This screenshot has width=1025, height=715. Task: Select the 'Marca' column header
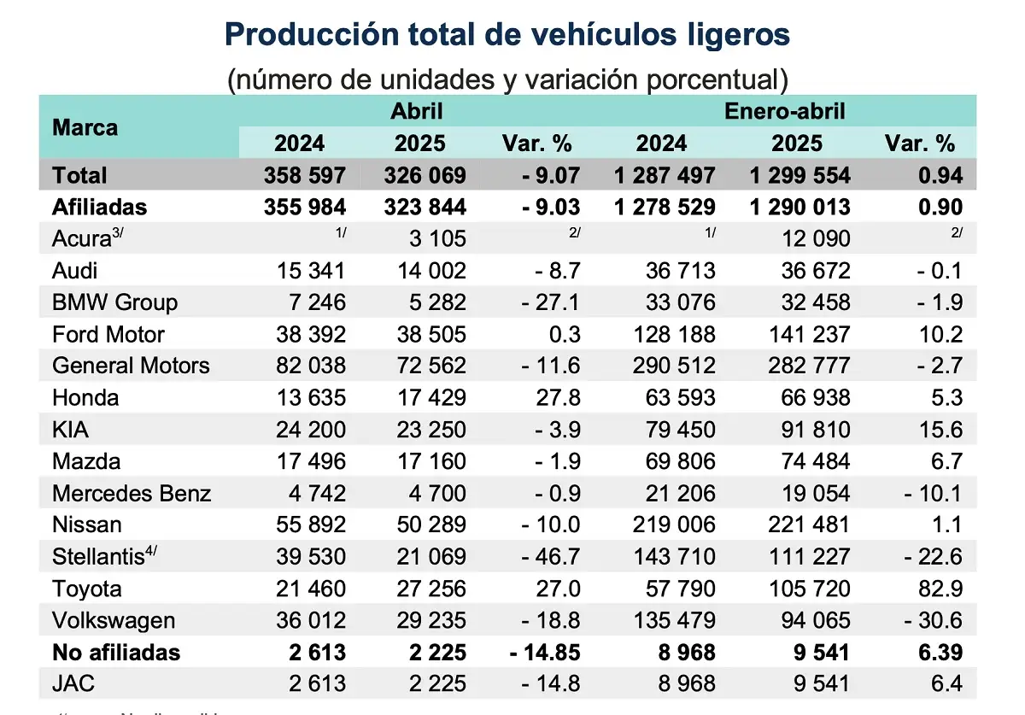85,128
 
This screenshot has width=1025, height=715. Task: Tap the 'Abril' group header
417,111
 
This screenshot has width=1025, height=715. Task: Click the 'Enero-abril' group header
784,111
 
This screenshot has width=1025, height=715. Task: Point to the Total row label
79,175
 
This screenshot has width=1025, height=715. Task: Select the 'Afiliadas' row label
99,207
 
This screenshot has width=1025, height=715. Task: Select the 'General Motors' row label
131,366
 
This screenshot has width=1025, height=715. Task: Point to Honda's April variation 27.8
556,398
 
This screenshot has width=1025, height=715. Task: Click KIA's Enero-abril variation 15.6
939,430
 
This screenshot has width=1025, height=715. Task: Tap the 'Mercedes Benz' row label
132,494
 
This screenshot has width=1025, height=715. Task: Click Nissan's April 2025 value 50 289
430,525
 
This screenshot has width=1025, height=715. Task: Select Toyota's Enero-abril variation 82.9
939,589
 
